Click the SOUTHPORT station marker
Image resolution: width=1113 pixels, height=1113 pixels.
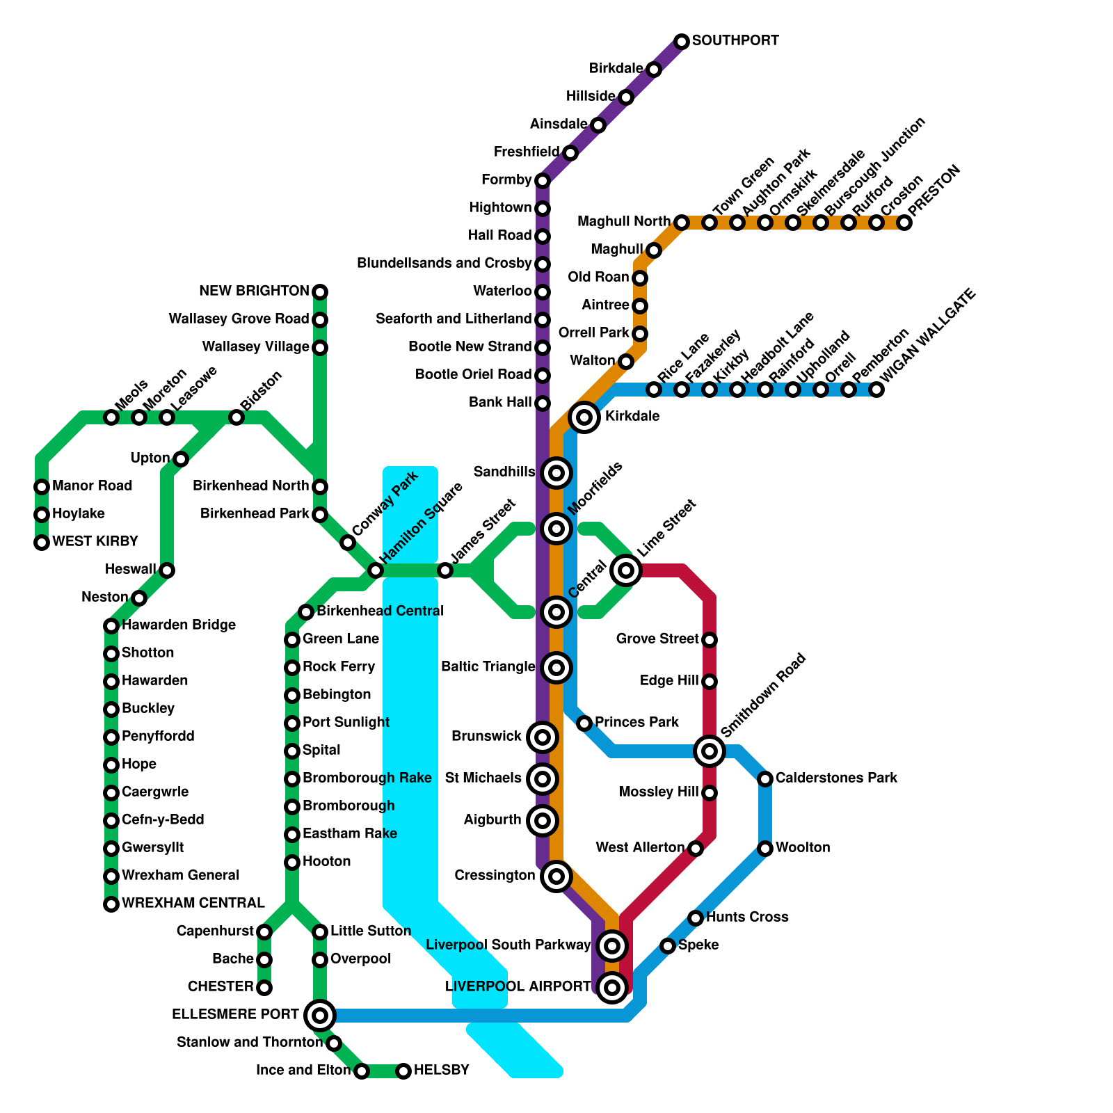682,42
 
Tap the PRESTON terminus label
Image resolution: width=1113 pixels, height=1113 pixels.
934,191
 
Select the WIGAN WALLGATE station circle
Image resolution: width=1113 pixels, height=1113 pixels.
876,390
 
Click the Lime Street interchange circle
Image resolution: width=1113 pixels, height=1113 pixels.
626,570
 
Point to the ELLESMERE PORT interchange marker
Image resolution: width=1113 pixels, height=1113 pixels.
320,1016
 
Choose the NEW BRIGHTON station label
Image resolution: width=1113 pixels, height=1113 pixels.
254,291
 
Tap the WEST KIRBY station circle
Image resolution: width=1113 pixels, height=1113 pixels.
42,543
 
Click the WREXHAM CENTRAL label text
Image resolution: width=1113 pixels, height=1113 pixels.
193,903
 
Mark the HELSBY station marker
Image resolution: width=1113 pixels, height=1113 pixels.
403,1071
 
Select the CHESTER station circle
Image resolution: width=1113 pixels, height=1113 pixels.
264,988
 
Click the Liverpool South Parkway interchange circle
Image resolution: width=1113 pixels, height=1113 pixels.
612,945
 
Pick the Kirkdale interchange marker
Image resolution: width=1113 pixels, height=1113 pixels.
585,417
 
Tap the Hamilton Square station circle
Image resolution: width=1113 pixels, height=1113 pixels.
376,570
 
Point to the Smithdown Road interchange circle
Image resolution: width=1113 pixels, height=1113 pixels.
710,751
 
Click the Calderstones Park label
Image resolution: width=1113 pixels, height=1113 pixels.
836,778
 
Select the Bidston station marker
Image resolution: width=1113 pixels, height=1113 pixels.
237,417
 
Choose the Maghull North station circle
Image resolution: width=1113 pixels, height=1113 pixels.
682,223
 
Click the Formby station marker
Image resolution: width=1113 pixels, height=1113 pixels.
543,181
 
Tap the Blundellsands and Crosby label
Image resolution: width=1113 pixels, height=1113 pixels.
444,263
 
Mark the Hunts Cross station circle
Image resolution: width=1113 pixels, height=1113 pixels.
696,918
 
